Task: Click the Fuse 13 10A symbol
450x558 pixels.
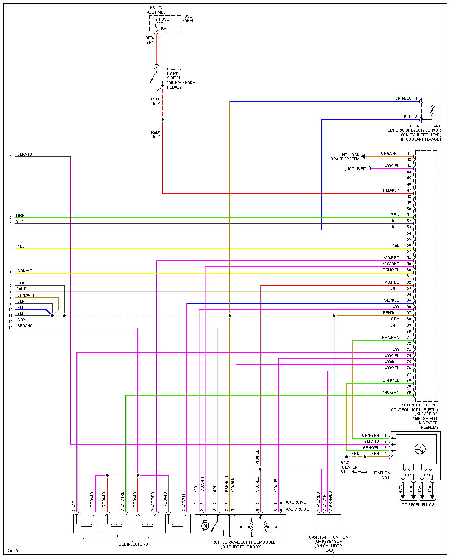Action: (x=156, y=24)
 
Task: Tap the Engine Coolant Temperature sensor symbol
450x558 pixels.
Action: (x=431, y=110)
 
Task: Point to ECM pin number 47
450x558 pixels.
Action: (x=409, y=190)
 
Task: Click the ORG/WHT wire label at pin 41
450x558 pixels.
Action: (x=390, y=154)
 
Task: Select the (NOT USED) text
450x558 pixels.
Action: (x=356, y=169)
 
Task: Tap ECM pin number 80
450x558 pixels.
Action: (x=409, y=393)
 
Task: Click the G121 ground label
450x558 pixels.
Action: (x=345, y=463)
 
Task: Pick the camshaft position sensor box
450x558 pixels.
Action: (x=329, y=524)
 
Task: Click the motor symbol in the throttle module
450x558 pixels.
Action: (x=205, y=526)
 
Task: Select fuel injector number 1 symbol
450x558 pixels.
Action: (x=86, y=523)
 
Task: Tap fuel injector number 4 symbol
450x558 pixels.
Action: (x=178, y=523)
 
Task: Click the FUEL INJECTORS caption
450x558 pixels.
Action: (x=132, y=544)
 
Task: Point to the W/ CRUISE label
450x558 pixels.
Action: (x=296, y=502)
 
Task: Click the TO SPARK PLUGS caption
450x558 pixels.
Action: (x=418, y=504)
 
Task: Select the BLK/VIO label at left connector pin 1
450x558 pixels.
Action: (x=24, y=154)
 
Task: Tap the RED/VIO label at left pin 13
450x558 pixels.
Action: (x=25, y=326)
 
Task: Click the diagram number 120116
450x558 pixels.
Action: (x=12, y=551)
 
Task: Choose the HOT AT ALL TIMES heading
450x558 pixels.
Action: (x=156, y=10)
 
